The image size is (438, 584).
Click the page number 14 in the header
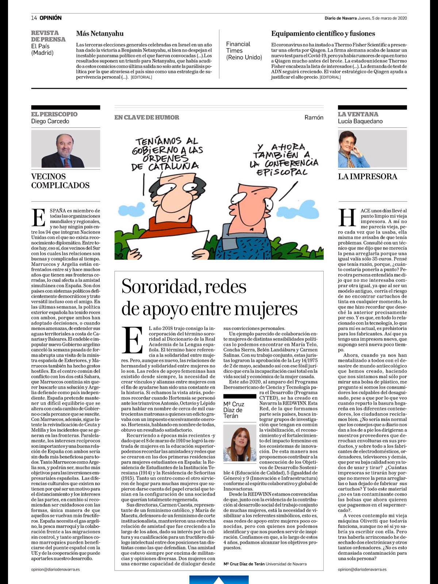coord(34,18)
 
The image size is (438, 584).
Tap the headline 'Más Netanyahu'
coord(100,34)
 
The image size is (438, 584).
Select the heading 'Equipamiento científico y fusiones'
coord(323,34)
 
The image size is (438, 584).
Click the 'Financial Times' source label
coord(243,50)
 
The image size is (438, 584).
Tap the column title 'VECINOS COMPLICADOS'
coord(60,181)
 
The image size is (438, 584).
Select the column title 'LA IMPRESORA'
coord(367,177)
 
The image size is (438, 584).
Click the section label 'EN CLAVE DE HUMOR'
coord(146,118)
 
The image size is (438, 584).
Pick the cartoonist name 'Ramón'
coord(314,118)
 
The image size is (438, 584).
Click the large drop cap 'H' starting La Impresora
coord(347,218)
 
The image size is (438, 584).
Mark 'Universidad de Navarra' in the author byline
coord(286,564)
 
